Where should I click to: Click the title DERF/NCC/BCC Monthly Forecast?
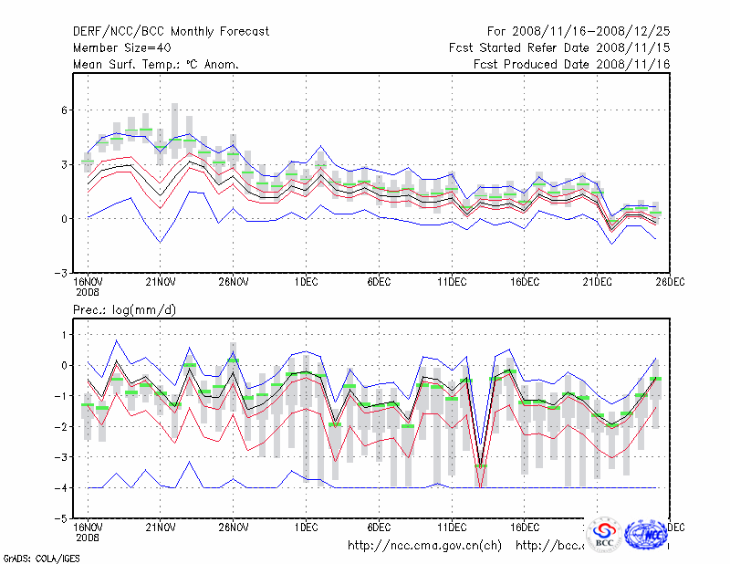pyautogui.click(x=172, y=31)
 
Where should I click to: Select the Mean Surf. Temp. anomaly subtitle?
pyautogui.click(x=156, y=64)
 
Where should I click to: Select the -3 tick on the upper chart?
pyautogui.click(x=62, y=273)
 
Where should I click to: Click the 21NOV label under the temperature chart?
pyautogui.click(x=160, y=282)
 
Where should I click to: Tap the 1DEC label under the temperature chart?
pyautogui.click(x=306, y=282)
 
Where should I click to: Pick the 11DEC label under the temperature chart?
pyautogui.click(x=452, y=282)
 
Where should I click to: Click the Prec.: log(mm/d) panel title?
pyautogui.click(x=125, y=310)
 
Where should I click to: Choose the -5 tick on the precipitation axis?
pyautogui.click(x=62, y=518)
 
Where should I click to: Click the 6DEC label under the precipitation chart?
pyautogui.click(x=379, y=527)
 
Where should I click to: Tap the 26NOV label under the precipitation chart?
pyautogui.click(x=233, y=527)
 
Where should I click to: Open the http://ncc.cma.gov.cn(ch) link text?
pyautogui.click(x=424, y=546)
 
